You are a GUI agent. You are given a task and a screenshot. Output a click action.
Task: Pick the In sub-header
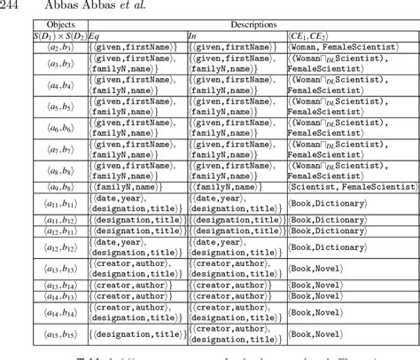point(192,36)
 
